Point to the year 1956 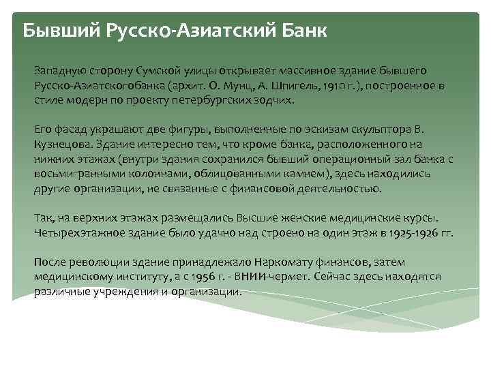[x=203, y=277]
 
